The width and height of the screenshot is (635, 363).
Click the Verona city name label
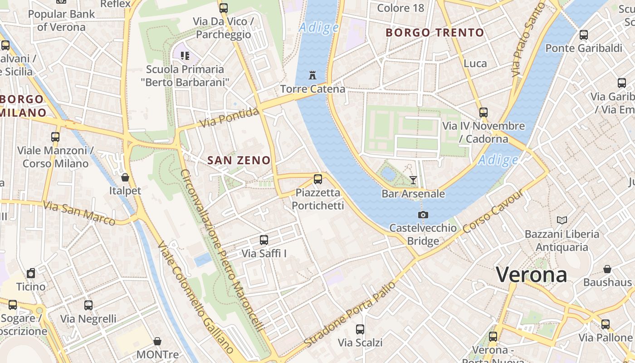[531, 275]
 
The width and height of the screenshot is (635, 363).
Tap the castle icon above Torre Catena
[313, 75]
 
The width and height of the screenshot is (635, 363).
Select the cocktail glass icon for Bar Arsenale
[413, 180]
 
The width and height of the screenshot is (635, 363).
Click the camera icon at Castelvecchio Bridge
[423, 215]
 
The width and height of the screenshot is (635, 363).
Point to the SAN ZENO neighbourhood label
[239, 160]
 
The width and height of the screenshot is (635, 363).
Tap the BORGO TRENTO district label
[435, 33]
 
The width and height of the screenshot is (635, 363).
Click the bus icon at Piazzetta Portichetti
[318, 179]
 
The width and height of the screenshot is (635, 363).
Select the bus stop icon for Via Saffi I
[264, 240]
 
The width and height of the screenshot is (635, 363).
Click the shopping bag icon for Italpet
[125, 177]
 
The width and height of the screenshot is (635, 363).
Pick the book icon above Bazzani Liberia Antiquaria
[562, 220]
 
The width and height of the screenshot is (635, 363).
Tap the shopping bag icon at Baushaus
[607, 269]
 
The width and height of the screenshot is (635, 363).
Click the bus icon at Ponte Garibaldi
[584, 34]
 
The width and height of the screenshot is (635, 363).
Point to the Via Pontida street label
[230, 118]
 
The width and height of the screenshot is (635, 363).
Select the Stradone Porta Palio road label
[350, 314]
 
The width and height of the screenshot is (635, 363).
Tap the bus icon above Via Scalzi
[360, 329]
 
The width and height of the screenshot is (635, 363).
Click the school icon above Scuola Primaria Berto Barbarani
[185, 56]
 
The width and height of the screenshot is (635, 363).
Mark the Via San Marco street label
[79, 213]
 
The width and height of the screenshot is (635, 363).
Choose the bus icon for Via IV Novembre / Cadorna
[484, 112]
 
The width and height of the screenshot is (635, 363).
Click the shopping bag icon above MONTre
[157, 341]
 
